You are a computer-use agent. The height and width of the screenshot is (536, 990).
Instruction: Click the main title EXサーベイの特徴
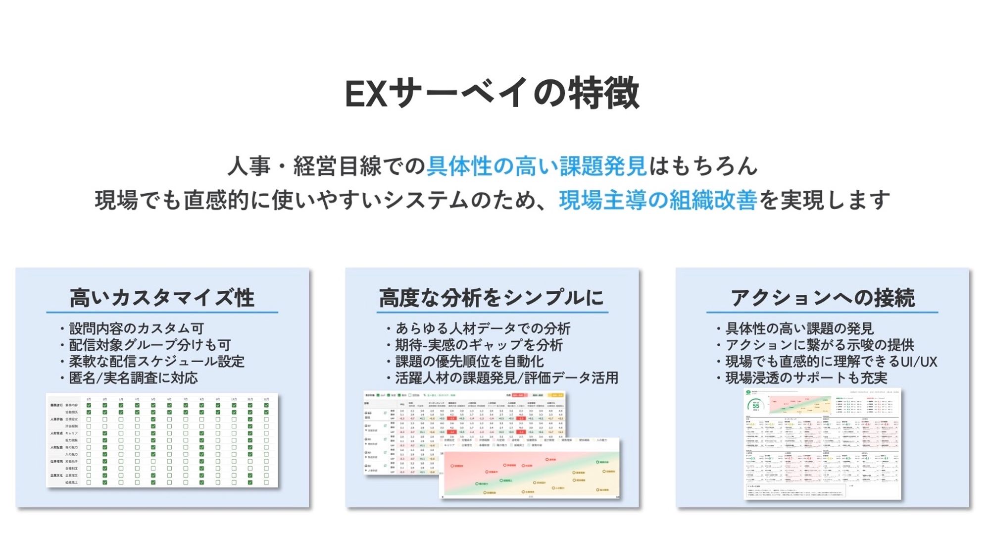click(492, 93)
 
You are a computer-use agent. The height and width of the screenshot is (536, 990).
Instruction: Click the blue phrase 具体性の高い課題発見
click(537, 166)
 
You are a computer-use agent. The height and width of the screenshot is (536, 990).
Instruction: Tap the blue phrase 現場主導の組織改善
click(658, 200)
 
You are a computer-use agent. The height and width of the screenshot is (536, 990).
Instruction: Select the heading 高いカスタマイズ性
click(162, 298)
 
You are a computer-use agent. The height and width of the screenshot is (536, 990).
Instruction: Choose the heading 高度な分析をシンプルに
click(492, 298)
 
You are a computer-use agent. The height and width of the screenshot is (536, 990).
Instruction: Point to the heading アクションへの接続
click(822, 298)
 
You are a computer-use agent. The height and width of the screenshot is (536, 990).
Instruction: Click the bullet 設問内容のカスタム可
click(136, 328)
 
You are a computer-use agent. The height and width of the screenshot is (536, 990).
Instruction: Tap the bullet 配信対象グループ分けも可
click(149, 345)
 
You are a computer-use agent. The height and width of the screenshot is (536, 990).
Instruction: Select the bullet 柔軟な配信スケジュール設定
click(156, 361)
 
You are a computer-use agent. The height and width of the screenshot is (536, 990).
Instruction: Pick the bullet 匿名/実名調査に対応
click(133, 378)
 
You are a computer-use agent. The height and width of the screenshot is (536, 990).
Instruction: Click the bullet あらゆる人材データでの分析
click(483, 328)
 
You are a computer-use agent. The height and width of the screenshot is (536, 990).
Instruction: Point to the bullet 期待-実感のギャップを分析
click(479, 345)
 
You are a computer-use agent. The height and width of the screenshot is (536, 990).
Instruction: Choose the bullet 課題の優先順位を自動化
click(469, 361)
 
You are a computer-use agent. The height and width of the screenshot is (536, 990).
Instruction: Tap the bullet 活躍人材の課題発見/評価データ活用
click(506, 378)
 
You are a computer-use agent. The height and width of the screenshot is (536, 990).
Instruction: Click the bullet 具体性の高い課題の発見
click(799, 328)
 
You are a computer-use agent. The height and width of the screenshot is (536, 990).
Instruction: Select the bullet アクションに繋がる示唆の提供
click(819, 345)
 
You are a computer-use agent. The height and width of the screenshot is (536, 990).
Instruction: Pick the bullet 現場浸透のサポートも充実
click(806, 378)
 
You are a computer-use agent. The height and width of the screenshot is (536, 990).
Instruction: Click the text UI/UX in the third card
click(919, 362)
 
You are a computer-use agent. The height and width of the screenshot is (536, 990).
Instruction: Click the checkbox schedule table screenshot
click(162, 440)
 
